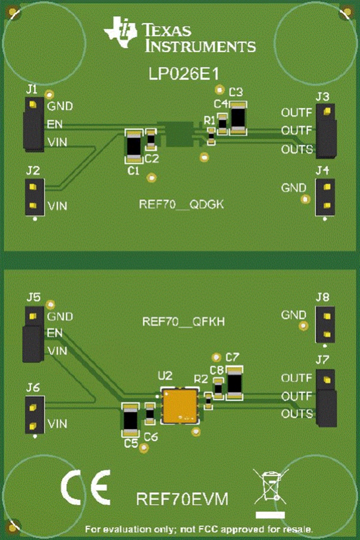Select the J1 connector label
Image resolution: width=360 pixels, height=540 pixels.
[x=31, y=89]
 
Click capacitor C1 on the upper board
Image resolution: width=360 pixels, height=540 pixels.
[x=133, y=146]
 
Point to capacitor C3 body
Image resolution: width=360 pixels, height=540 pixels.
[x=239, y=118]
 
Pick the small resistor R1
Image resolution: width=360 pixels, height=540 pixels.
[x=211, y=136]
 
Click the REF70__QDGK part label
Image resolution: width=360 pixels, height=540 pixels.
[x=181, y=205]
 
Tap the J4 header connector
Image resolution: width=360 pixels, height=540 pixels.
[x=325, y=197]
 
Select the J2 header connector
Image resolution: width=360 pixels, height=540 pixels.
[x=34, y=196]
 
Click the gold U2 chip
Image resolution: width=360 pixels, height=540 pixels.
[x=180, y=405]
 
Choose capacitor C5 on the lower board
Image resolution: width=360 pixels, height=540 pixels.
[x=130, y=420]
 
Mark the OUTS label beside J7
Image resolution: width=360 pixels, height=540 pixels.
[x=297, y=414]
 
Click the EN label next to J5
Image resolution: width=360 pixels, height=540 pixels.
[x=55, y=333]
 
